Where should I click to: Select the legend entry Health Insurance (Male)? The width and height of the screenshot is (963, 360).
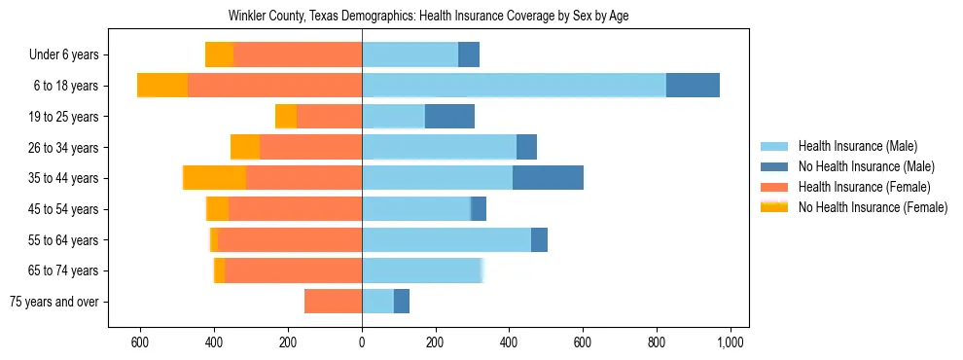click(855, 146)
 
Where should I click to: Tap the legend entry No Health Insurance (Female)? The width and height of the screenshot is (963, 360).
click(867, 207)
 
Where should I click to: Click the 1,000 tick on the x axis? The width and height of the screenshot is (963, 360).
click(731, 342)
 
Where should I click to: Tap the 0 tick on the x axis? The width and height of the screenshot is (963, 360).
click(362, 342)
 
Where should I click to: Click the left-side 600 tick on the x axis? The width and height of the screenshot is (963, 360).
click(140, 342)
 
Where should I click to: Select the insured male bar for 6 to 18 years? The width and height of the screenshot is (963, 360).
click(514, 86)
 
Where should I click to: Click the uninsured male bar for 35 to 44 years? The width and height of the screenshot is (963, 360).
click(548, 178)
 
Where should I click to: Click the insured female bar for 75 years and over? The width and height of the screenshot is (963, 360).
click(333, 302)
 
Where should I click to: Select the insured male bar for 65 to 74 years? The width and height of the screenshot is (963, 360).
click(422, 270)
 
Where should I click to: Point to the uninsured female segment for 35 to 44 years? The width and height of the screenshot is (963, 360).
click(214, 178)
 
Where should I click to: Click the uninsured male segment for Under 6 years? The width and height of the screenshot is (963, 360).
click(469, 54)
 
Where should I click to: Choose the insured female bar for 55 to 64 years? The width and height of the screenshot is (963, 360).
click(290, 239)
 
